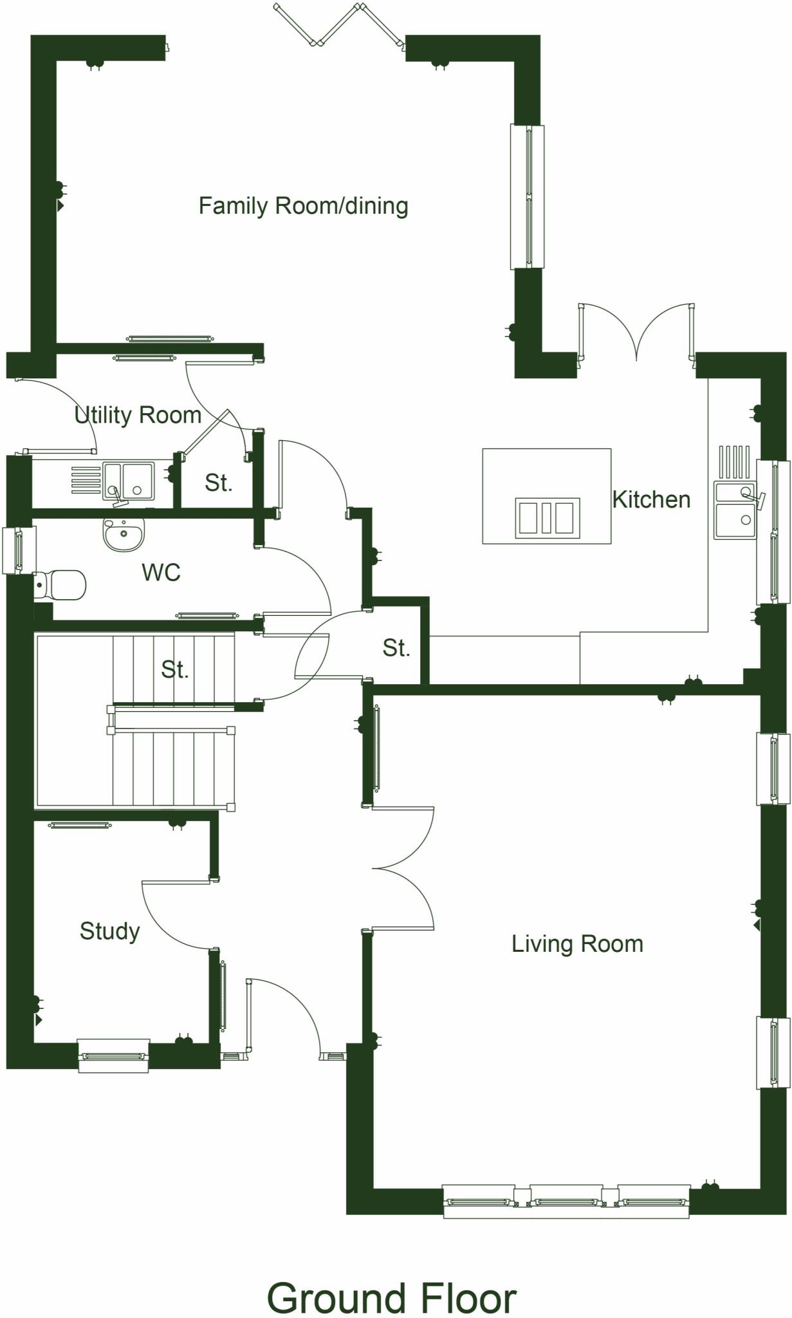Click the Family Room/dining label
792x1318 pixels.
click(303, 206)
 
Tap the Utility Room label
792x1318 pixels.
click(138, 415)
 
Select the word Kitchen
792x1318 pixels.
click(650, 499)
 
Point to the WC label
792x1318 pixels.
click(161, 572)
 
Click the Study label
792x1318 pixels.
click(109, 931)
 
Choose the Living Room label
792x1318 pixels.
click(577, 944)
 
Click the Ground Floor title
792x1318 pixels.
click(391, 1298)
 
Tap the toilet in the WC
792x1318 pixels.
click(60, 584)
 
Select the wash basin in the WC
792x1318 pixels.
click(124, 535)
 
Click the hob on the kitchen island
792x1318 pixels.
click(547, 518)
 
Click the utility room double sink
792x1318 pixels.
click(128, 481)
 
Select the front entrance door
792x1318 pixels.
click(283, 1017)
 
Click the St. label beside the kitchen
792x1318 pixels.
click(396, 648)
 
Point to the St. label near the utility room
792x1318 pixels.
click(218, 483)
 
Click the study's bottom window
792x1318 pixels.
click(113, 1057)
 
